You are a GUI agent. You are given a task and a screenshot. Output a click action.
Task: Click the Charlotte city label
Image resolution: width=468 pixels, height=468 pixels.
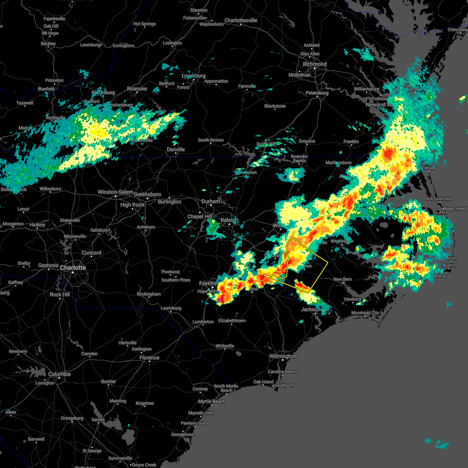pyautogui.click(x=73, y=268)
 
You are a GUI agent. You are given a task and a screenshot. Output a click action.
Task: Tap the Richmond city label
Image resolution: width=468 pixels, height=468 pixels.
pyautogui.click(x=315, y=64)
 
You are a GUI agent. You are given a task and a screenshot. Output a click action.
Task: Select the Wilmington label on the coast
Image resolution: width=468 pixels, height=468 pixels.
pyautogui.click(x=283, y=356)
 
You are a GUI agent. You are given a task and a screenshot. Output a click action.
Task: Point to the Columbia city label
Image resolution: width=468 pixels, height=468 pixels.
pyautogui.click(x=59, y=374)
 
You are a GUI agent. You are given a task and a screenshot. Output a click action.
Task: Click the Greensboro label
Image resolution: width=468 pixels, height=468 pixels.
pyautogui.click(x=147, y=194)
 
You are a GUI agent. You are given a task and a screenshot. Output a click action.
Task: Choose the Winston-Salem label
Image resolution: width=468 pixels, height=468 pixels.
pyautogui.click(x=115, y=192)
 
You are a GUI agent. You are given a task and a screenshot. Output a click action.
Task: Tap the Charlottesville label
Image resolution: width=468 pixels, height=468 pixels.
pyautogui.click(x=241, y=20)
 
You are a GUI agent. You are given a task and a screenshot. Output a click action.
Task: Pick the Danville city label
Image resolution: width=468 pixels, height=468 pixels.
pyautogui.click(x=176, y=149)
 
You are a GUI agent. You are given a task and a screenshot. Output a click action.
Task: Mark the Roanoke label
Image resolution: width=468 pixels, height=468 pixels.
pyautogui.click(x=137, y=89)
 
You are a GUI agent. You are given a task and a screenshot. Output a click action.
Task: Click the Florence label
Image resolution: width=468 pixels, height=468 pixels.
pyautogui.click(x=149, y=358)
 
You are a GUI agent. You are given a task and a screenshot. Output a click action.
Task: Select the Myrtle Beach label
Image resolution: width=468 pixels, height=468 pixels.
pyautogui.click(x=212, y=401)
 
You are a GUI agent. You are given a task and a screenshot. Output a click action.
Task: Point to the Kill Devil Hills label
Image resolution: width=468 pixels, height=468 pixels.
pyautogui.click(x=440, y=199)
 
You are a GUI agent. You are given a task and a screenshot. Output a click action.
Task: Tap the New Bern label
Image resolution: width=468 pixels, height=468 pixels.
pyautogui.click(x=342, y=279)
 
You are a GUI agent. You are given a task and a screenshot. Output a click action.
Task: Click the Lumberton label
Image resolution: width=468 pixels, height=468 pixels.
pyautogui.click(x=203, y=322)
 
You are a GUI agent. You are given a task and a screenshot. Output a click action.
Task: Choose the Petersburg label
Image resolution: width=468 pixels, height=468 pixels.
pyautogui.click(x=317, y=93)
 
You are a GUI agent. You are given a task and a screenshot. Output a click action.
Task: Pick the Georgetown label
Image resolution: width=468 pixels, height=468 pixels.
pyautogui.click(x=183, y=434)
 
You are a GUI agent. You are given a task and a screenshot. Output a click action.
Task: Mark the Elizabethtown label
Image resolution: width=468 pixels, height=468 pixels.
pyautogui.click(x=232, y=321)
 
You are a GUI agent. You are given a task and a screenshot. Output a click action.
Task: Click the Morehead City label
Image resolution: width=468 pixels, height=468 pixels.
pyautogui.click(x=365, y=313)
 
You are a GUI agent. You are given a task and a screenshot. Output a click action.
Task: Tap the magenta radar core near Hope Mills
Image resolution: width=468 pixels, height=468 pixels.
pyautogui.click(x=220, y=300)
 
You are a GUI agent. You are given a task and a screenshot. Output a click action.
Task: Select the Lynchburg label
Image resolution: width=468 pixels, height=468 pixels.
pyautogui.click(x=193, y=76)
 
